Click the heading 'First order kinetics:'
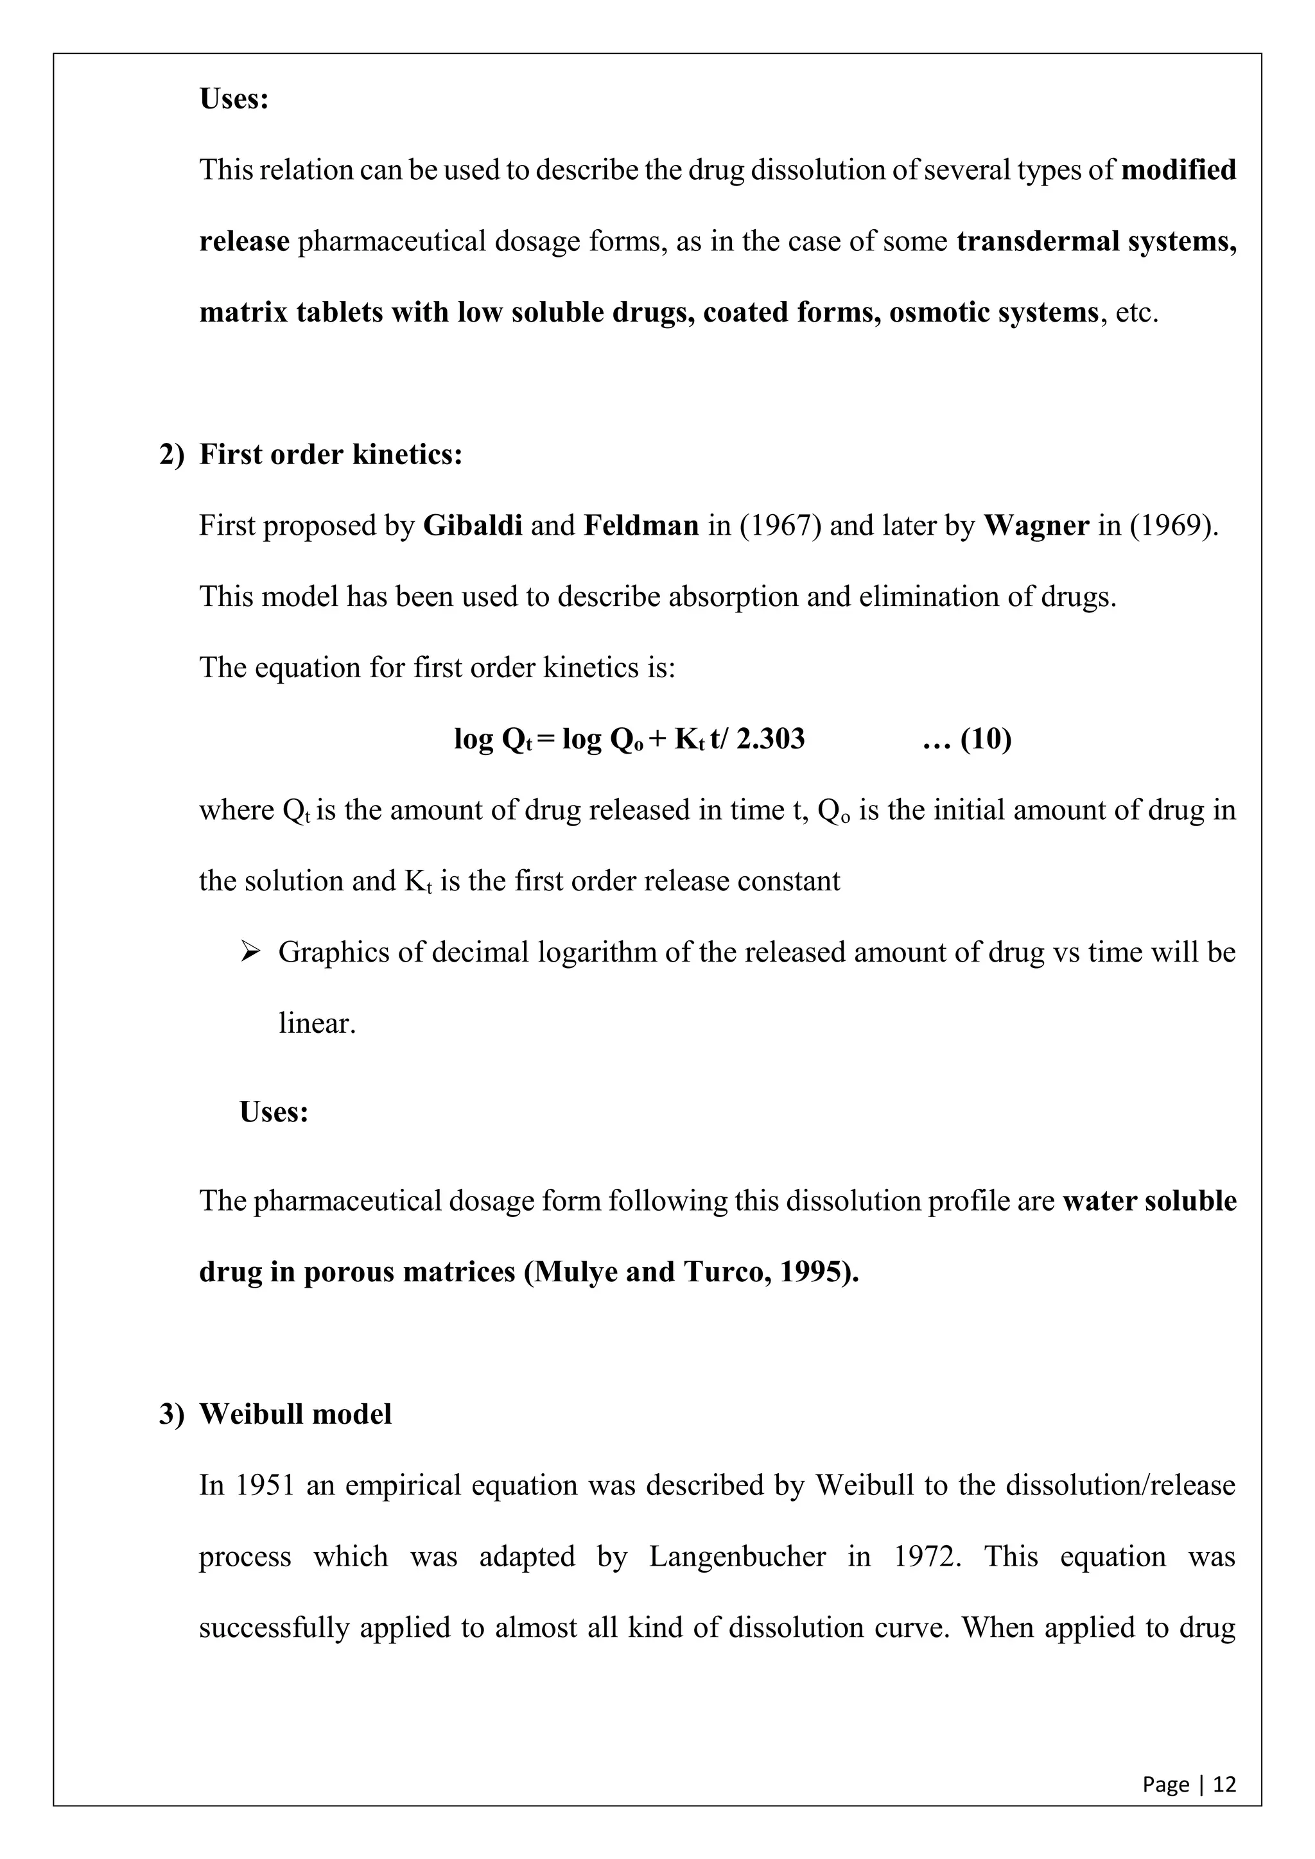[x=331, y=455]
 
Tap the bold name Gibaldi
[x=473, y=526]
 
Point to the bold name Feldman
[x=641, y=526]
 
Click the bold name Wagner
[x=1036, y=526]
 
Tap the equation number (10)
[x=986, y=739]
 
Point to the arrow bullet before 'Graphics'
[x=248, y=952]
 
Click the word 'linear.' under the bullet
[x=317, y=1023]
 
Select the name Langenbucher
[x=737, y=1556]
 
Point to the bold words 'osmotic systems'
[x=993, y=313]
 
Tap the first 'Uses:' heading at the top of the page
[x=233, y=99]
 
